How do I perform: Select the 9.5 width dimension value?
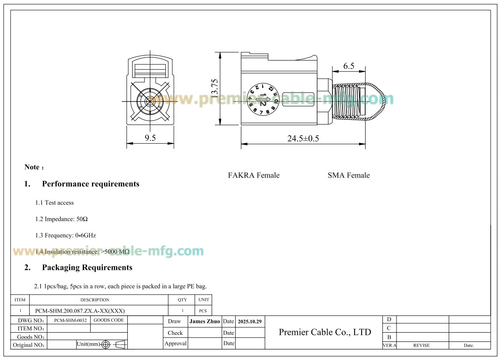coord(150,138)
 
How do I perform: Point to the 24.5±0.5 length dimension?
coord(303,138)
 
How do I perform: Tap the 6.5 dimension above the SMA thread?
coord(349,66)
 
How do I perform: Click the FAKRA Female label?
coord(253,175)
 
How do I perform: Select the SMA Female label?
coord(348,175)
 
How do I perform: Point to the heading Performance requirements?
coord(90,184)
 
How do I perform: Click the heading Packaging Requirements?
coord(87,268)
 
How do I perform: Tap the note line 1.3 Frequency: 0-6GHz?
coord(65,235)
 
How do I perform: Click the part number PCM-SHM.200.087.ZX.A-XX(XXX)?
coord(77,311)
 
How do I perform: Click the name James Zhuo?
coord(204,321)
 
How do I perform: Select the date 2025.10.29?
coord(250,321)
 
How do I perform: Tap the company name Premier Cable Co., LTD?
coord(325,332)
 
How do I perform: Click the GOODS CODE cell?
coord(109,320)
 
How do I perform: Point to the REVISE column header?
coord(421,345)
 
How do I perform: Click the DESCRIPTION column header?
coord(95,300)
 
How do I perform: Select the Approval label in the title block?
coord(176,344)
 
